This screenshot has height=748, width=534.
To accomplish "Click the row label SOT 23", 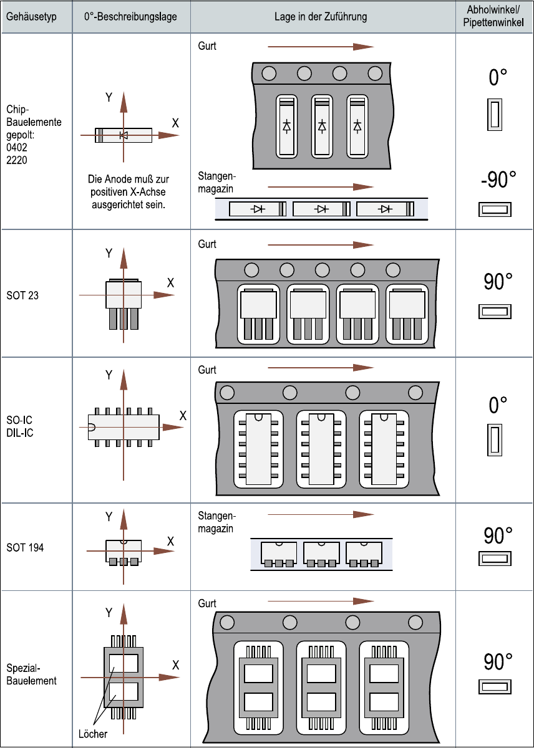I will click(22, 295).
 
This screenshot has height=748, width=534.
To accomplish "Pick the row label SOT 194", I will click(25, 548).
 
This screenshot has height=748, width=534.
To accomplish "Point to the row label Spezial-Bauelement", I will click(31, 674).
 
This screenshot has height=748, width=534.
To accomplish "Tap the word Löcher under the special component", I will click(93, 733).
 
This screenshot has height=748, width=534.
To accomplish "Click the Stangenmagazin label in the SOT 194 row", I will click(216, 522).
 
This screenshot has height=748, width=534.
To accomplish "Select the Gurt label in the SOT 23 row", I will click(207, 244).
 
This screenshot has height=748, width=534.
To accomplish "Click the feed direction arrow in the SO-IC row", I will click(321, 368).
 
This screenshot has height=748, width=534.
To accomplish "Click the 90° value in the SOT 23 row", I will click(498, 282).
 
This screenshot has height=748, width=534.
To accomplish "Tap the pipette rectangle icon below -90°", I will click(495, 209).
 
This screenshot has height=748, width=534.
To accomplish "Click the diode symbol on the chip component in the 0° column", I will click(124, 135).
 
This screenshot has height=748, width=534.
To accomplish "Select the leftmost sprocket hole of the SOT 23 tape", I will click(251, 270).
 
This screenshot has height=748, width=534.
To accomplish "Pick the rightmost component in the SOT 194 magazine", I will click(364, 553).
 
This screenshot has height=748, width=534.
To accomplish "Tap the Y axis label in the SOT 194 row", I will click(109, 517).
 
